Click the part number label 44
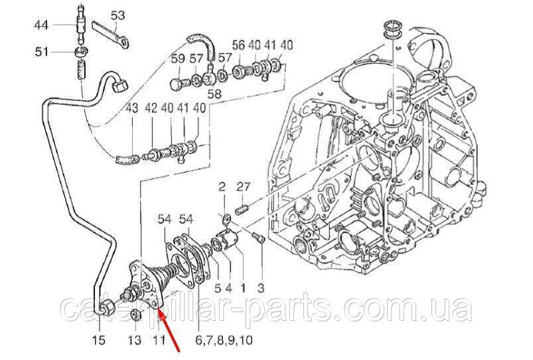pyautogui.click(x=41, y=25)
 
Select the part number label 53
pyautogui.click(x=118, y=15)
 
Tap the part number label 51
pyautogui.click(x=42, y=52)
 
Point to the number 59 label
pyautogui.click(x=178, y=59)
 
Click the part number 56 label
pyautogui.click(x=239, y=45)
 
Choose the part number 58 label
pyautogui.click(x=214, y=94)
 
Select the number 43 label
pyautogui.click(x=132, y=108)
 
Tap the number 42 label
pyautogui.click(x=151, y=108)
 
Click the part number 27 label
pyautogui.click(x=244, y=187)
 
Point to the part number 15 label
pyautogui.click(x=100, y=339)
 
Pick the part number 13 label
pyautogui.click(x=135, y=339)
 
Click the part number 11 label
pyautogui.click(x=159, y=339)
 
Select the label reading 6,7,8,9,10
pyautogui.click(x=224, y=339)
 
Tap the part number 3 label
pyautogui.click(x=260, y=288)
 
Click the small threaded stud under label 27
pyautogui.click(x=242, y=209)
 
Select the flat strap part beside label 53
pyautogui.click(x=111, y=34)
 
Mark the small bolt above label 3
pyautogui.click(x=258, y=238)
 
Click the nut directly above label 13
pyautogui.click(x=135, y=315)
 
